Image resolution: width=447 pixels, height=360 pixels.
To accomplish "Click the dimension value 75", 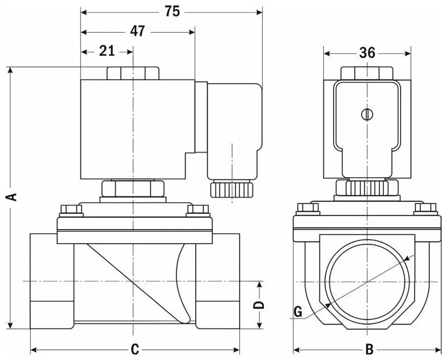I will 172,11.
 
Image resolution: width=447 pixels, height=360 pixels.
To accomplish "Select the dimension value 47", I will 138,31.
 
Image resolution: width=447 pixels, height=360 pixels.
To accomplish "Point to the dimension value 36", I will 367,52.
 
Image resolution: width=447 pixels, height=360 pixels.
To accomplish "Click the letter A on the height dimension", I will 11,196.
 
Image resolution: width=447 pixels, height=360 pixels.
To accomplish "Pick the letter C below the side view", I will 135,350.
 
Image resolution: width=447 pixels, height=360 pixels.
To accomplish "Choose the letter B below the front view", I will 369,350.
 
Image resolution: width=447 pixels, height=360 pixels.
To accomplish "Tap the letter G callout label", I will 298,311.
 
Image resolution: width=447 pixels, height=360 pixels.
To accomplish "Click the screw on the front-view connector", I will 367,115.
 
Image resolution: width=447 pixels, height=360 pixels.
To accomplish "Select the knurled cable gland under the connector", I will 232,189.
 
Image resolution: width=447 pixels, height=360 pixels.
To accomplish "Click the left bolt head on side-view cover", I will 69,209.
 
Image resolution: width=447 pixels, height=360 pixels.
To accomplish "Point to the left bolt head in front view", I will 308,208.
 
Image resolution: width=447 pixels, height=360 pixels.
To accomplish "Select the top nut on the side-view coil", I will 133,73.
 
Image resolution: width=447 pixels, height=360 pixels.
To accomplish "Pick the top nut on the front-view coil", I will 367,73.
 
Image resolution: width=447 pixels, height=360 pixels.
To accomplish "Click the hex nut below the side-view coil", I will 132,189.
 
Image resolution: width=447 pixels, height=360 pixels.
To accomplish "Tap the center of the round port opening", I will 367,281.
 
